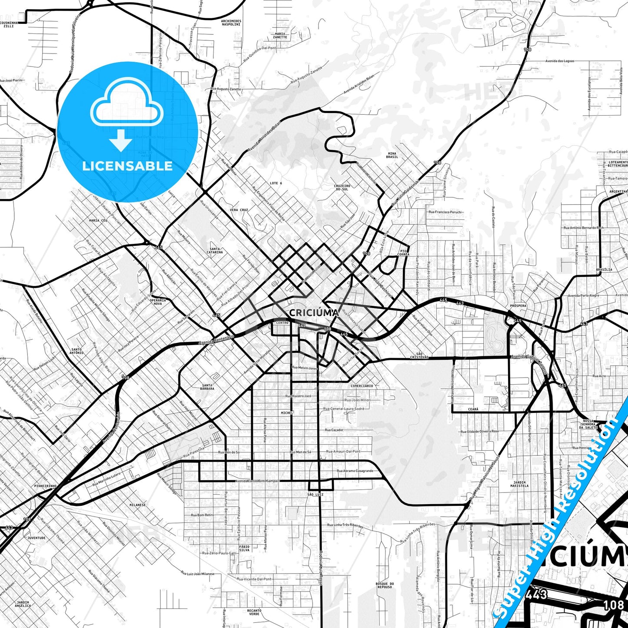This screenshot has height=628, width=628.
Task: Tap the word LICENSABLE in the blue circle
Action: point(127,166)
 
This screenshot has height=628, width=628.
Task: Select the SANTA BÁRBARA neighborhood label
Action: point(207,387)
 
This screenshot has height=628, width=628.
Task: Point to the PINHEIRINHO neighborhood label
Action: point(46,486)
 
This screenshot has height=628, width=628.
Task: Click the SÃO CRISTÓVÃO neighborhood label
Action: point(419,356)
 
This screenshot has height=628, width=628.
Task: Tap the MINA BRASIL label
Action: point(392,155)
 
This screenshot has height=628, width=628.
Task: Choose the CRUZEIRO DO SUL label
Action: point(342,188)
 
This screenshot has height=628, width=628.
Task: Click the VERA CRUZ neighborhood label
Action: point(239,210)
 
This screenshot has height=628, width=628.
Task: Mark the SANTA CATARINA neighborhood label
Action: point(215,250)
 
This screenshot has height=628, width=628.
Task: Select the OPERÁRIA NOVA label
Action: point(157,302)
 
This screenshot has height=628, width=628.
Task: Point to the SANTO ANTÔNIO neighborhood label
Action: point(77,351)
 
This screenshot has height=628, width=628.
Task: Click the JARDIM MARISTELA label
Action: point(519,484)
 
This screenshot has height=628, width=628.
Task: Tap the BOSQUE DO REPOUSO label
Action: point(385,585)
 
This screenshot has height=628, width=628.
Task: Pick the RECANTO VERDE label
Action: point(254,612)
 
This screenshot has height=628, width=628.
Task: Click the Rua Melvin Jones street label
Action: point(305,368)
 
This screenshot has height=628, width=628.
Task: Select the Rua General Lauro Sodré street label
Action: point(343,409)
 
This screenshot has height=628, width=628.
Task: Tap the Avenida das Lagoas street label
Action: point(560,61)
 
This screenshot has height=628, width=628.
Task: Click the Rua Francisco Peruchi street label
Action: point(445,212)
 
